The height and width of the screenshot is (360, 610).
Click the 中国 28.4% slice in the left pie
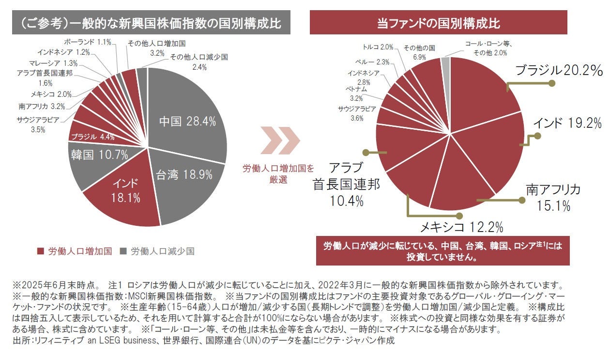pyautogui.click(x=187, y=122)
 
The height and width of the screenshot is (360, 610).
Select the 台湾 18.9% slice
pyautogui.click(x=184, y=175)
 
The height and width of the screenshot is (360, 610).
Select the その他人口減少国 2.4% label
pyautogui.click(x=198, y=62)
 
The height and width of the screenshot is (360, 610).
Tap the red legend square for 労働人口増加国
pyautogui.click(x=40, y=251)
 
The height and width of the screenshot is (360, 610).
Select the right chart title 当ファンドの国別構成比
pyautogui.click(x=438, y=23)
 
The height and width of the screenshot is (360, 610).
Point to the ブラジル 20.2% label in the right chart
pyautogui.click(x=559, y=71)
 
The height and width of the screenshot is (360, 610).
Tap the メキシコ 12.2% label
pyautogui.click(x=461, y=227)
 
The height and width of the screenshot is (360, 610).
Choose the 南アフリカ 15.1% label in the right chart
pyautogui.click(x=553, y=197)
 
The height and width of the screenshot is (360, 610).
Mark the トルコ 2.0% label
pyautogui.click(x=378, y=47)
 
